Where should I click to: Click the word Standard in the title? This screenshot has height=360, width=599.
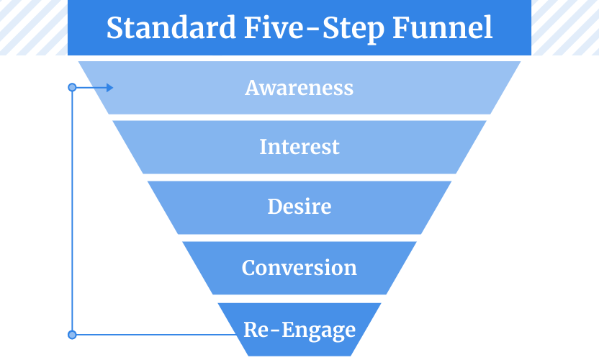click(171, 27)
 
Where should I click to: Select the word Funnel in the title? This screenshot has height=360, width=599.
click(442, 27)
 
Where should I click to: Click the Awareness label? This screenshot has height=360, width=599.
click(299, 88)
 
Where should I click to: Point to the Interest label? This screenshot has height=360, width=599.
click(299, 147)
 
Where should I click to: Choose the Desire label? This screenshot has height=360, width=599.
click(299, 207)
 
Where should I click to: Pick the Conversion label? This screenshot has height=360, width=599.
click(299, 268)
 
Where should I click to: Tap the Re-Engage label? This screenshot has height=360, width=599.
click(299, 330)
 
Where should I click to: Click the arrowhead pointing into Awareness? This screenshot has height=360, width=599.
click(109, 88)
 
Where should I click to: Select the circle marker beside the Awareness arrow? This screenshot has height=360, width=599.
click(72, 88)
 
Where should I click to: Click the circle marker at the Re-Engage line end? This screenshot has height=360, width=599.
click(72, 335)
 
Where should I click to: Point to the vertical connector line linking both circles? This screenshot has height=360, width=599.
click(72, 211)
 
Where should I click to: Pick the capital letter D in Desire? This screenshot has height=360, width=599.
click(275, 207)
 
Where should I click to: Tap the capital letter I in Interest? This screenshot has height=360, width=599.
click(264, 147)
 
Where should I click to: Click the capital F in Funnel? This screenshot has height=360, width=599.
click(401, 27)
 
